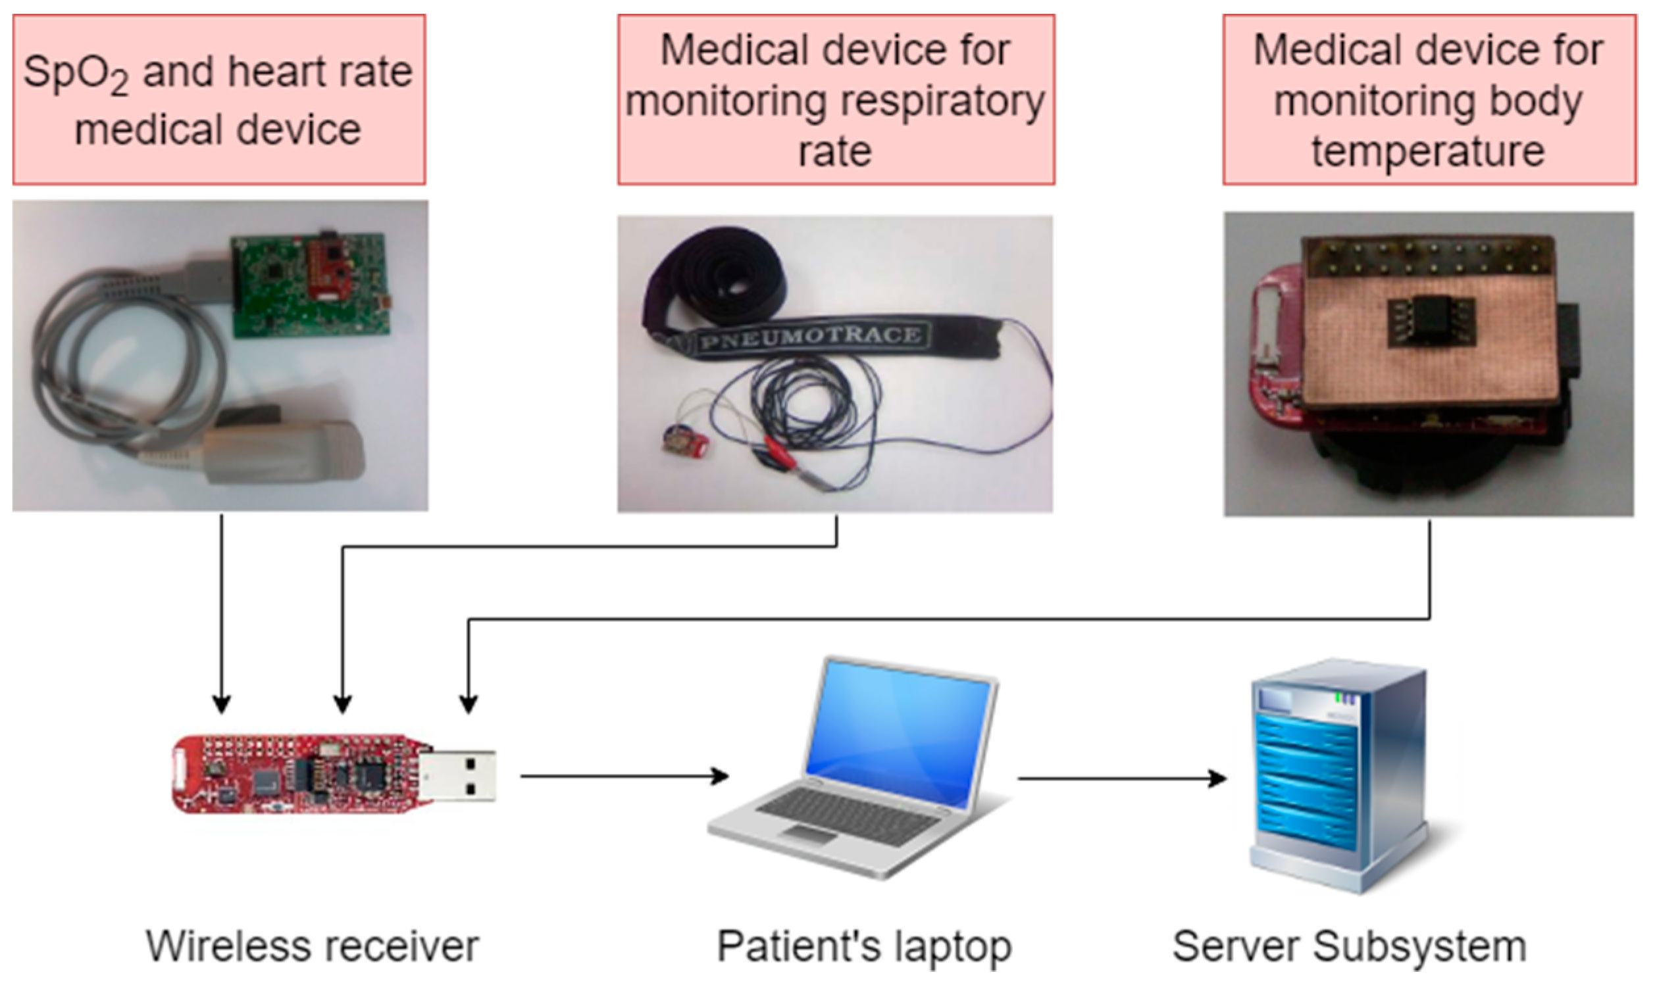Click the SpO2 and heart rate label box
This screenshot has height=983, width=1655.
point(218,99)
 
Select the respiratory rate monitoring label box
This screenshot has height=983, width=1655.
point(836,99)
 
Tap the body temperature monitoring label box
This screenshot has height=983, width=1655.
point(1429,99)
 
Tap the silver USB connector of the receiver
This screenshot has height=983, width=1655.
point(457,776)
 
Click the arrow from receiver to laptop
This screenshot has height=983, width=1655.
point(623,776)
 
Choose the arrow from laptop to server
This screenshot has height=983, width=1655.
point(1120,779)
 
